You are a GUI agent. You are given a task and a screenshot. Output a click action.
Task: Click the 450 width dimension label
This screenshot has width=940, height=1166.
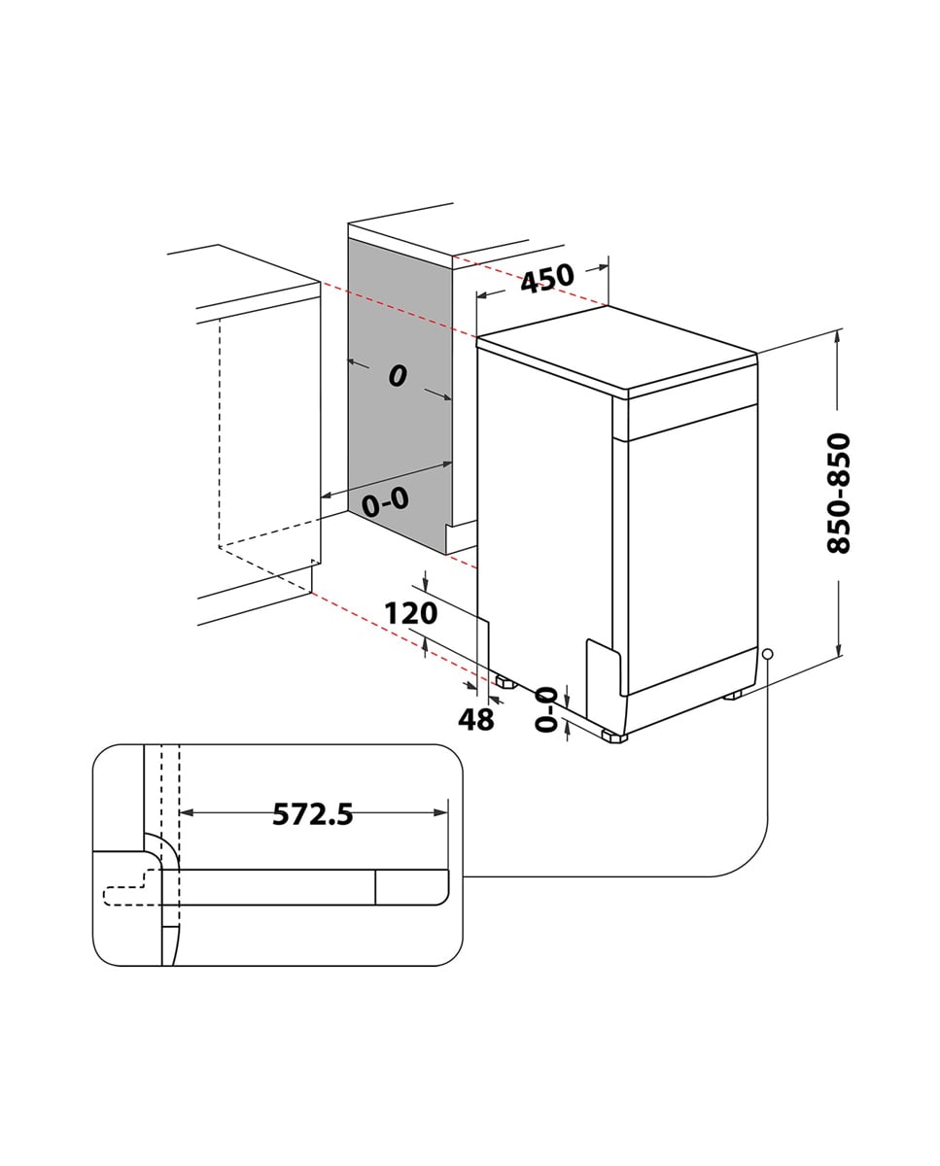[x=547, y=279]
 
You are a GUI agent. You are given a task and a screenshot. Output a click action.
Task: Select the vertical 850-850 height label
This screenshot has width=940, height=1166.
[x=838, y=494]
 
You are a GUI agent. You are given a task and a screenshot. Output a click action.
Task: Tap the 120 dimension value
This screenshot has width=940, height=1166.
[x=410, y=614]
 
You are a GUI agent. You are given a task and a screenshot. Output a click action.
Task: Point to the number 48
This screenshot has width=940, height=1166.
[x=475, y=719]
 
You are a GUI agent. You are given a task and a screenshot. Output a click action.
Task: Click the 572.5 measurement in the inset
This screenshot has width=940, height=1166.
[x=312, y=814]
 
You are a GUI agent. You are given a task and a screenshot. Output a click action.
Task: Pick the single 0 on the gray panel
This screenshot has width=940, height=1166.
[x=397, y=376]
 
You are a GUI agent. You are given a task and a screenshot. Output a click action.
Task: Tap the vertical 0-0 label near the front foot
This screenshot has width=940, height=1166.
[x=546, y=708]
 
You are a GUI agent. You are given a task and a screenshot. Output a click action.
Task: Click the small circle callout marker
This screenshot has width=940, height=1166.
[x=768, y=654]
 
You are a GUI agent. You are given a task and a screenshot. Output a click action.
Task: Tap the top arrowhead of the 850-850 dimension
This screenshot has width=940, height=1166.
[x=838, y=336]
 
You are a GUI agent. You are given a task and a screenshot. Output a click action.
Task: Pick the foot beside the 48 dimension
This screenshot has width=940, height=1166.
[x=505, y=682]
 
